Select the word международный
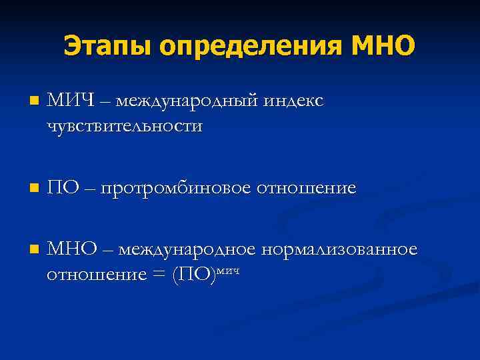(189, 101)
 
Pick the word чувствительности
(125, 126)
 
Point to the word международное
(189, 249)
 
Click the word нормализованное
(340, 249)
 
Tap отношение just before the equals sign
(94, 274)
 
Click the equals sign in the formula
(158, 274)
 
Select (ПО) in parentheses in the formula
(193, 274)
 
